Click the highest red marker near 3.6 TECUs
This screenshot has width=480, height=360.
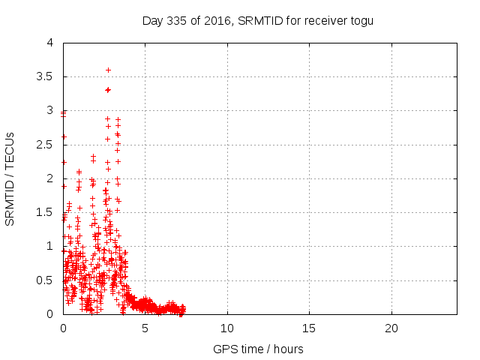pyautogui.click(x=108, y=70)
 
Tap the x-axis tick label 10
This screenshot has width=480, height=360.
pyautogui.click(x=227, y=328)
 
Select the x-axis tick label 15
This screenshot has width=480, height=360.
pyautogui.click(x=309, y=328)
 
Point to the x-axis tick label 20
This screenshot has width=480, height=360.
pyautogui.click(x=391, y=328)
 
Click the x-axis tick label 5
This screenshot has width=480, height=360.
pyautogui.click(x=145, y=328)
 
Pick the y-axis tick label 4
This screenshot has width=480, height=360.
pyautogui.click(x=50, y=43)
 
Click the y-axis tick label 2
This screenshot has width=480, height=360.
pyautogui.click(x=50, y=178)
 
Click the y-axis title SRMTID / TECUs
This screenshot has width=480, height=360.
pyautogui.click(x=10, y=178)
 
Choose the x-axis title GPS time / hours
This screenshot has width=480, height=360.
pyautogui.click(x=258, y=349)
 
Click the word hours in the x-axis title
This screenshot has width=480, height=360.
pyautogui.click(x=288, y=349)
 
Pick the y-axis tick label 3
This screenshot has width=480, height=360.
pyautogui.click(x=50, y=110)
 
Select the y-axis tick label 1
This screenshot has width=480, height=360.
pyautogui.click(x=50, y=246)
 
